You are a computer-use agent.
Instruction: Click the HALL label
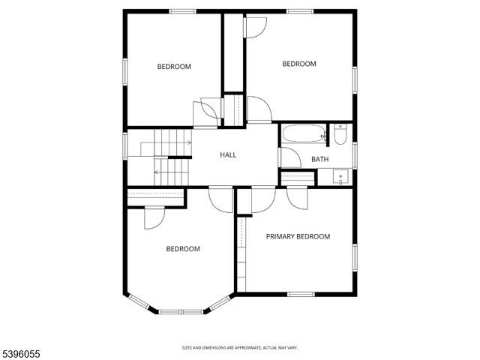point(228,155)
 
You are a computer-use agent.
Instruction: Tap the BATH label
point(320,159)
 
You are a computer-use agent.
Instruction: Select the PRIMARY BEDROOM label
point(298,236)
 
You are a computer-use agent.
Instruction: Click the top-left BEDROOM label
point(174,67)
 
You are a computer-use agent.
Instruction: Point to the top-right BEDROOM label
point(299,64)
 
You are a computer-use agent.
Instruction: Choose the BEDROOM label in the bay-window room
point(183,249)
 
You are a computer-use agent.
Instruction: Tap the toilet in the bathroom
point(340,134)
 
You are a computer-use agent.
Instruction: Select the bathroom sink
point(341,178)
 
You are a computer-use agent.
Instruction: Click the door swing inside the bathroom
point(288,157)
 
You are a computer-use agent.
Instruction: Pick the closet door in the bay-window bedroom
point(154,217)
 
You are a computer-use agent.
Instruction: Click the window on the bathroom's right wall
point(354,154)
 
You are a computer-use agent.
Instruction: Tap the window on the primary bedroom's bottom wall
point(300,294)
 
